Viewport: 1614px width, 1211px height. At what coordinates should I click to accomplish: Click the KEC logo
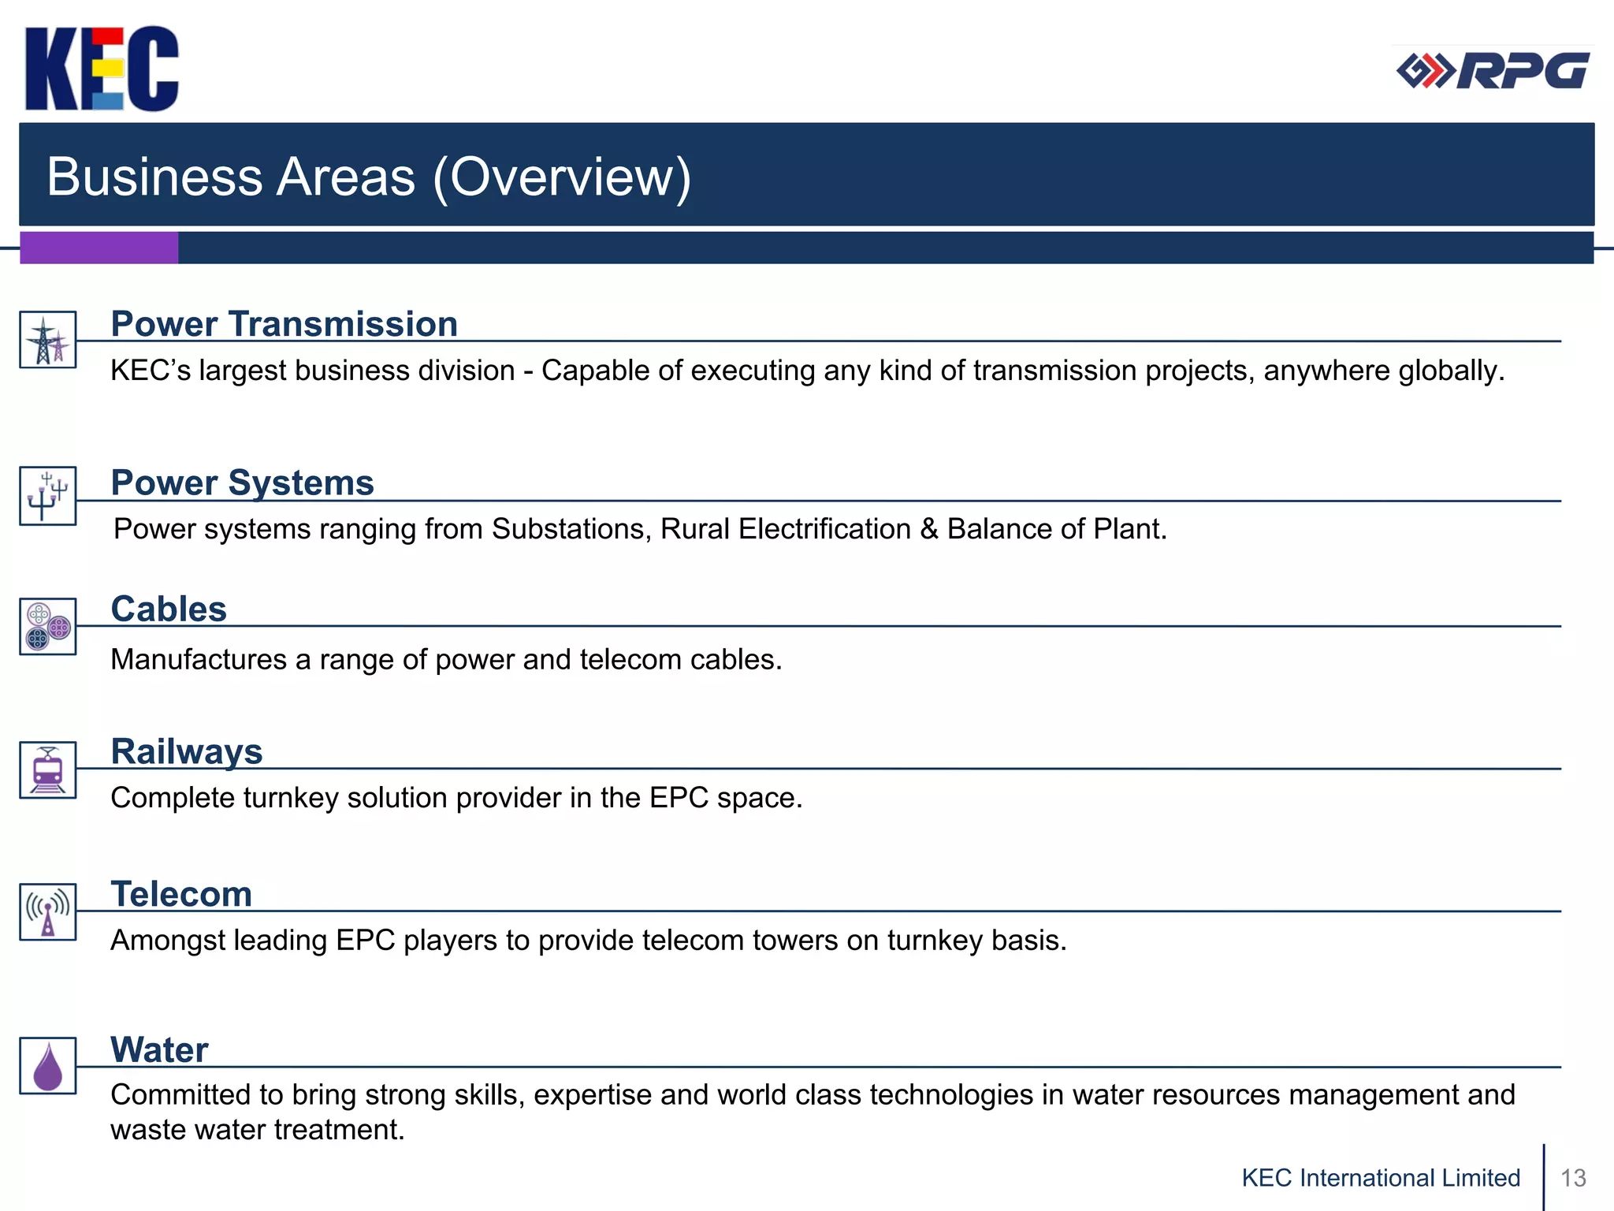tap(102, 69)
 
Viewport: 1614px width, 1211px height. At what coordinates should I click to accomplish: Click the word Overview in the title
tap(561, 177)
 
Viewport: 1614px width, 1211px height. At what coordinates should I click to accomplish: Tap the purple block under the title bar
tap(99, 248)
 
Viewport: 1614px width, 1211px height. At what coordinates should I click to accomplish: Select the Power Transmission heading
tap(284, 324)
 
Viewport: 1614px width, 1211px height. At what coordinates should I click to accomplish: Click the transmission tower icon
tap(48, 340)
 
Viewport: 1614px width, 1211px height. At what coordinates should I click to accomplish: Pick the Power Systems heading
tap(242, 483)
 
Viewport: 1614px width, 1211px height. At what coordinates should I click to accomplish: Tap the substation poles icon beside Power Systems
tap(48, 496)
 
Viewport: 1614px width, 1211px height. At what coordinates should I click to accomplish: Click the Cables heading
tap(169, 609)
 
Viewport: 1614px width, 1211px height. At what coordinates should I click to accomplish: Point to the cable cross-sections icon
tap(48, 627)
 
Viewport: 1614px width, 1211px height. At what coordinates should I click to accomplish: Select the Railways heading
tap(187, 751)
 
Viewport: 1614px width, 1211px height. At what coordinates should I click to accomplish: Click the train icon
tap(48, 770)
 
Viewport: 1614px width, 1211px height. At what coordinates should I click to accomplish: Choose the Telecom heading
tap(181, 894)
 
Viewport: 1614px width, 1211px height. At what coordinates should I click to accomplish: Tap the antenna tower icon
tap(48, 912)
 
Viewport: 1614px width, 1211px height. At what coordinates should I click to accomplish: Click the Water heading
tap(159, 1049)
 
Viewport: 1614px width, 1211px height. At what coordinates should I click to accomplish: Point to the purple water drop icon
tap(48, 1067)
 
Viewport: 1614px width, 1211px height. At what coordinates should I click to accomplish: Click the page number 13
tap(1573, 1178)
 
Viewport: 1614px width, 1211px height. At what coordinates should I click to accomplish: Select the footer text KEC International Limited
tap(1381, 1178)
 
